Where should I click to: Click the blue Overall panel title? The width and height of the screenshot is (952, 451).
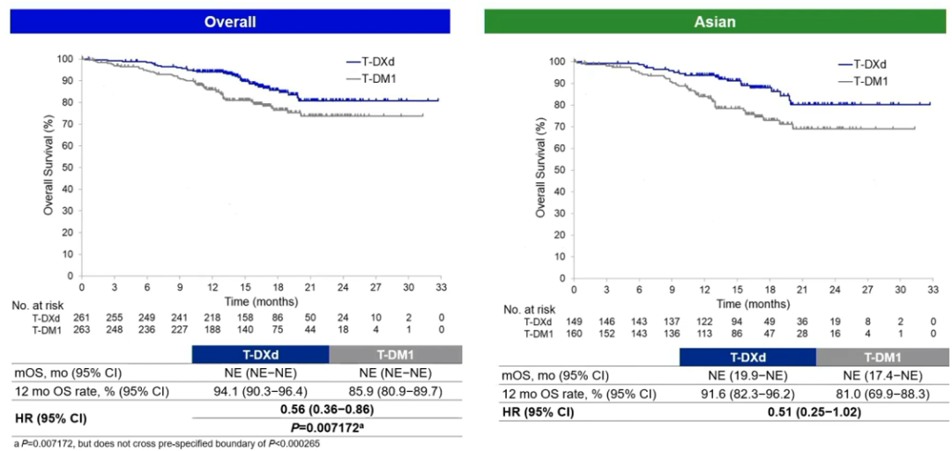(230, 21)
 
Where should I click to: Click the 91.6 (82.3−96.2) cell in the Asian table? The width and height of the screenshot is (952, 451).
(747, 393)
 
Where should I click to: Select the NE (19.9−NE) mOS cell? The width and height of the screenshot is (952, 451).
(747, 375)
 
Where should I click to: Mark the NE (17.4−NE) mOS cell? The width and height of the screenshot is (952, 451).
(883, 375)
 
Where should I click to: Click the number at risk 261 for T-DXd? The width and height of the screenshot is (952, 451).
(82, 319)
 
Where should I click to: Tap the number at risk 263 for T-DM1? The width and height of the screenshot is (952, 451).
(82, 330)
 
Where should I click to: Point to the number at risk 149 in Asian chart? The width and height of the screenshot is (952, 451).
(574, 322)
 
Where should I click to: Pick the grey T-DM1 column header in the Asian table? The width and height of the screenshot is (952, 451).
(883, 357)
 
